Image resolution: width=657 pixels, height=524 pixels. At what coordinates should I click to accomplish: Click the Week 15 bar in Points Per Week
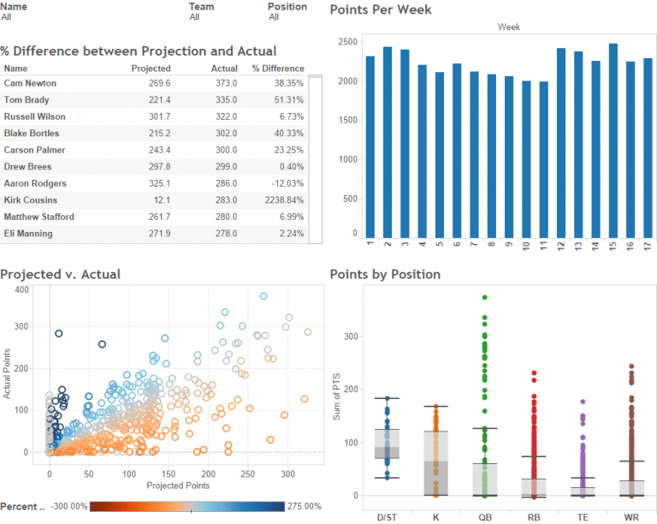613,140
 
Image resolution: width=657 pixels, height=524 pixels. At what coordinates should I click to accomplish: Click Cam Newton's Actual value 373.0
225,83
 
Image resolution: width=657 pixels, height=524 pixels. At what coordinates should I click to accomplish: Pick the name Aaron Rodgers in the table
35,184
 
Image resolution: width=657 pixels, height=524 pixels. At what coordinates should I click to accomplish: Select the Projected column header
151,68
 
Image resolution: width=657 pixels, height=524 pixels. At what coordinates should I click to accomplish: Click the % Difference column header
278,68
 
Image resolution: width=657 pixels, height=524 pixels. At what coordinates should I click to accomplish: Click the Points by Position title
385,275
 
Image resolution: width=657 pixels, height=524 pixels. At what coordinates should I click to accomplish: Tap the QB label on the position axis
484,516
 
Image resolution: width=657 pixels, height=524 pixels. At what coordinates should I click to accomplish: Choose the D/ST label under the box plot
387,516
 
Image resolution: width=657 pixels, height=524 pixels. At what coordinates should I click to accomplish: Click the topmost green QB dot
484,297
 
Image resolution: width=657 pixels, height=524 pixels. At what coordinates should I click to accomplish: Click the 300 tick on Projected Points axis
288,473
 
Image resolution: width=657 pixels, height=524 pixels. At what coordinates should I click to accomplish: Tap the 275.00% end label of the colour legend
305,506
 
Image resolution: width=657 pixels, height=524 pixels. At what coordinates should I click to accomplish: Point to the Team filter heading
201,6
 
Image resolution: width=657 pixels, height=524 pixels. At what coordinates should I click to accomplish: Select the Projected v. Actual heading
60,275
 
